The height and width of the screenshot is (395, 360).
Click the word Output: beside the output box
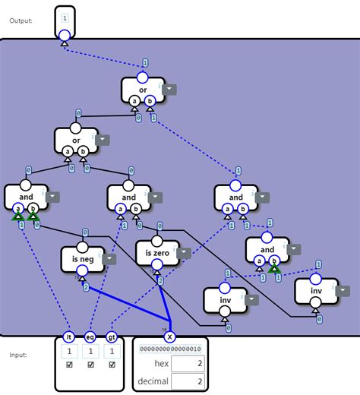[21, 21]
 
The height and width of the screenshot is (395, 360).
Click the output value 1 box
[65, 17]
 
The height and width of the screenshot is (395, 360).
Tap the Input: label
[18, 355]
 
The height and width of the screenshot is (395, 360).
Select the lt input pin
[69, 337]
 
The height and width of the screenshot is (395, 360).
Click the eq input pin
[90, 337]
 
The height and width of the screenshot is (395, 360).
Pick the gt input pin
[112, 337]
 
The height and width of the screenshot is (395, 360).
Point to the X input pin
[169, 337]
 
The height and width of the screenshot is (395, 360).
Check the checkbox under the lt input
[69, 365]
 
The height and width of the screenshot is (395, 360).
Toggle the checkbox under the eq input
[90, 365]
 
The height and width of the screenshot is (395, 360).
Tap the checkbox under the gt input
[112, 365]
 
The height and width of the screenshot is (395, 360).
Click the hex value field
[188, 364]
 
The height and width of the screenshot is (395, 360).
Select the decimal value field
[188, 381]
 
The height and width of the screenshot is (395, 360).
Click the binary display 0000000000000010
[169, 349]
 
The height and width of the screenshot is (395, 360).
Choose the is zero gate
[156, 252]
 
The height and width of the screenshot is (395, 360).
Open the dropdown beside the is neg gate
[110, 259]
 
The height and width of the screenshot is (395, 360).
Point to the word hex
[160, 364]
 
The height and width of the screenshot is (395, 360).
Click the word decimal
[152, 381]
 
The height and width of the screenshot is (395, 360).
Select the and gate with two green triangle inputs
[26, 197]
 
